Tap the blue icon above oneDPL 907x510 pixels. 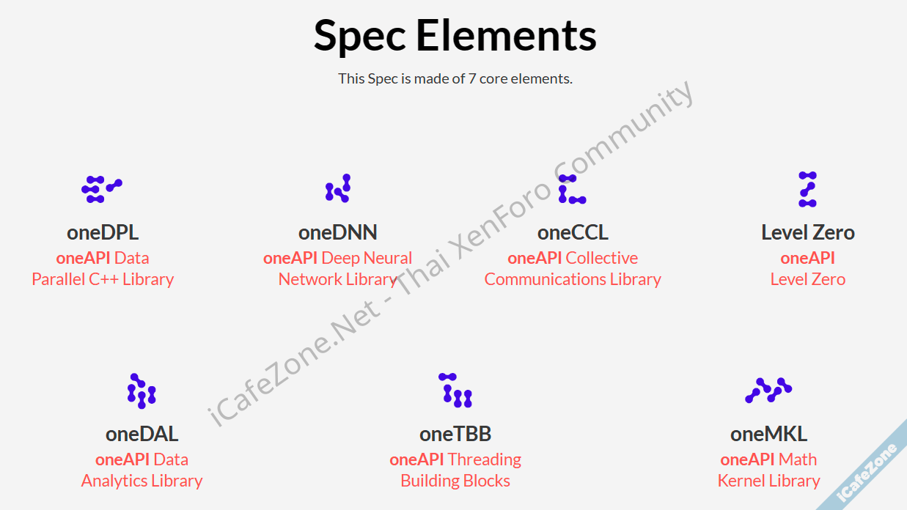pos(101,189)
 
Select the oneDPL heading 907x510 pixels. pos(103,233)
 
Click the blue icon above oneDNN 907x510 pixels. pos(338,188)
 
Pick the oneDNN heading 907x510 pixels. pos(337,233)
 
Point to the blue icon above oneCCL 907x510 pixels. pos(571,189)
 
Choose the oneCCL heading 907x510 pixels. pos(573,233)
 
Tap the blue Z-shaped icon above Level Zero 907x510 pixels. pos(807,189)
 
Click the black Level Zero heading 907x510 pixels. pos(808,233)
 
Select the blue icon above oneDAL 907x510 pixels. pos(142,391)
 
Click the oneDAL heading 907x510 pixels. pos(142,434)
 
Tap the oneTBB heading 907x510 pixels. pos(455,434)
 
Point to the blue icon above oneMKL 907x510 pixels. pos(768,391)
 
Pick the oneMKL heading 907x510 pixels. pos(768,434)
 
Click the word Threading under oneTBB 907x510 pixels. pos(484,459)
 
